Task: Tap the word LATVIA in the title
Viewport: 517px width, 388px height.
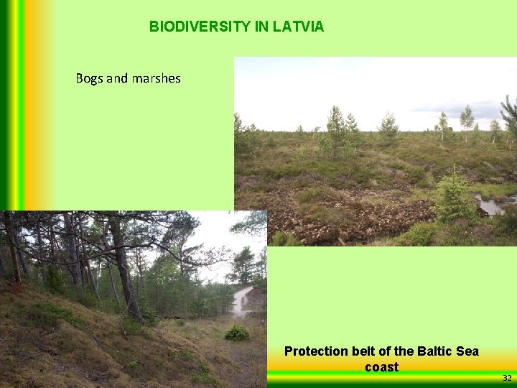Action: pyautogui.click(x=298, y=27)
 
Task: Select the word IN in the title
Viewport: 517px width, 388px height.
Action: pyautogui.click(x=261, y=27)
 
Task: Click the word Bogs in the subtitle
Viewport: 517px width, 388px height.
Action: pyautogui.click(x=89, y=78)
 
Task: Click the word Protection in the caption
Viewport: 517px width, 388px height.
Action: pyautogui.click(x=316, y=351)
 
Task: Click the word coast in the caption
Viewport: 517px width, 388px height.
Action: pyautogui.click(x=381, y=366)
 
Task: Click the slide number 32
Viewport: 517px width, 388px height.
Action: pyautogui.click(x=507, y=378)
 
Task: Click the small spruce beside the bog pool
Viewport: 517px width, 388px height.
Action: pyautogui.click(x=454, y=195)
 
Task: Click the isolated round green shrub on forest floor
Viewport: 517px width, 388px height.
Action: pyautogui.click(x=236, y=333)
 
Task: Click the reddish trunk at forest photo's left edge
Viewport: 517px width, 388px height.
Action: pyautogui.click(x=11, y=251)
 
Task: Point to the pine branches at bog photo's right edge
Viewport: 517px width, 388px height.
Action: pyautogui.click(x=509, y=115)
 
